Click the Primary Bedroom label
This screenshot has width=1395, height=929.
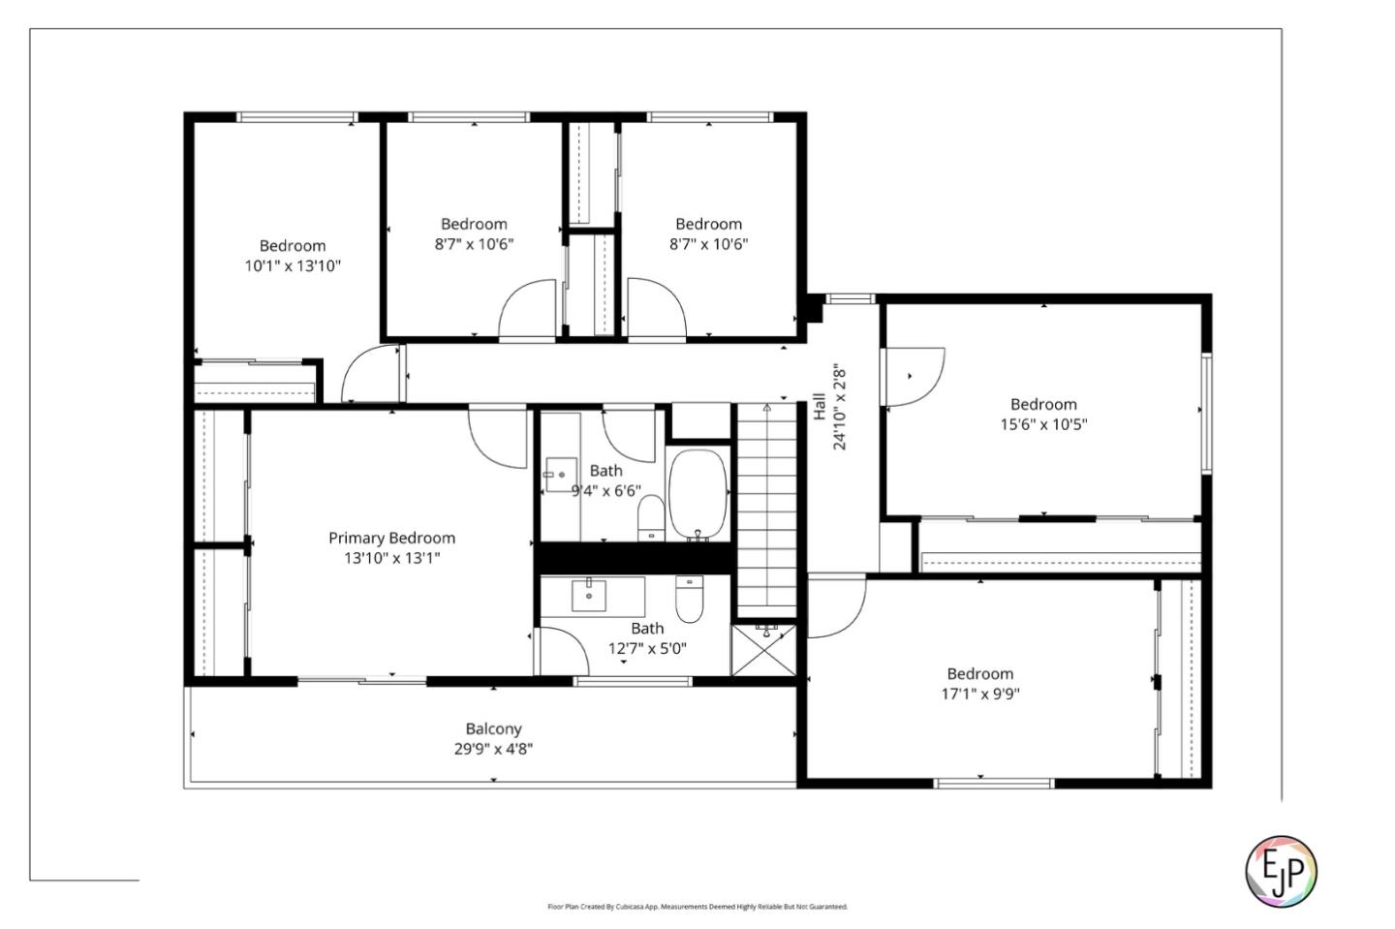pos(391,538)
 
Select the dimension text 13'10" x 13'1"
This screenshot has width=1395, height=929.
pos(391,558)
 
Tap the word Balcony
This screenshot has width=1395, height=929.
pos(493,728)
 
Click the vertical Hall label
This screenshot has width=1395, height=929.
pos(820,407)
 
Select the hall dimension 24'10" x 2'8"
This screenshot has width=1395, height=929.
pos(840,407)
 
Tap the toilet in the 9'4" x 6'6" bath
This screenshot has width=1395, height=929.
pos(650,518)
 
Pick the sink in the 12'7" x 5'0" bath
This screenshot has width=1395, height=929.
pos(589,596)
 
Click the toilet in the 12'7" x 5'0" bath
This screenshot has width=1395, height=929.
pos(689,600)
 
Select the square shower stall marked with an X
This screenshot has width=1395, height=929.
pos(764,650)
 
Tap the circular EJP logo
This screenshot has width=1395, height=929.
pos(1281,869)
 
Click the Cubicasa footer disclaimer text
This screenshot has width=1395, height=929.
pos(697,907)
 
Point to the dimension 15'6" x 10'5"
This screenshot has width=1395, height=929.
pos(1043,424)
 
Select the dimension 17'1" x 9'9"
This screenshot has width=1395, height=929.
pos(979,694)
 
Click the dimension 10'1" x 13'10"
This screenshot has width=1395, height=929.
pos(292,265)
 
